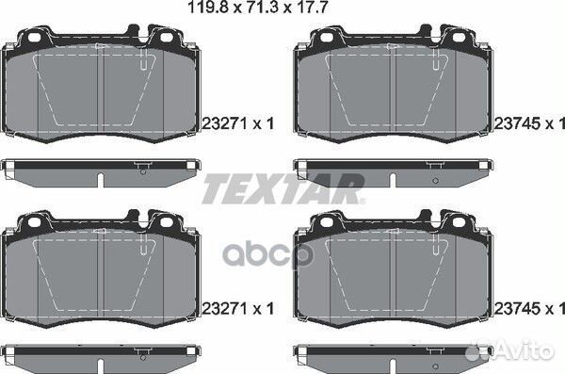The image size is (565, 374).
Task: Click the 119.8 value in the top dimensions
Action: coord(209,8)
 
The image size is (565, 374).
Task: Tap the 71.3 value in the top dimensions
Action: coord(262,8)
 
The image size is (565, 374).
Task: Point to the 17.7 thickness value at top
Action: coord(311,8)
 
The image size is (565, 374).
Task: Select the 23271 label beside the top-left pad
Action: coord(225,123)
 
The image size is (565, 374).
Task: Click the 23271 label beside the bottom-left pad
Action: coord(225,309)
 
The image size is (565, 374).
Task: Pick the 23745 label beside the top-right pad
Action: coord(517,123)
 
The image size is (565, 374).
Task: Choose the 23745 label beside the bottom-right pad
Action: coord(517,309)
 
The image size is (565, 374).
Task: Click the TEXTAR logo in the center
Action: coord(283,189)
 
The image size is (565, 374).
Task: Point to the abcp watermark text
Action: coord(268,254)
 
